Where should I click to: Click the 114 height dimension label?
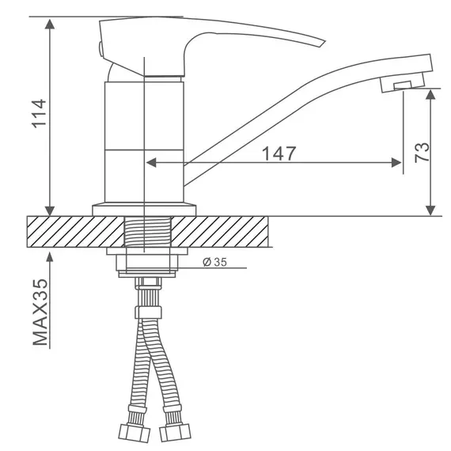(39, 114)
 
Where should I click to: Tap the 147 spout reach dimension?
(279, 153)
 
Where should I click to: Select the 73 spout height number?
(422, 153)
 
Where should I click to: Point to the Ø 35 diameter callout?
(214, 262)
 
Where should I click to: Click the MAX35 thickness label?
(40, 312)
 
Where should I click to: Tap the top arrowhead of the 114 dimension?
(50, 24)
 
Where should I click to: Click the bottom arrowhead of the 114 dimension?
(50, 210)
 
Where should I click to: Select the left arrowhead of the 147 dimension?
(151, 162)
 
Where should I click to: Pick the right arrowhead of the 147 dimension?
(396, 162)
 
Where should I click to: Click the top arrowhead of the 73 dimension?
(430, 94)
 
